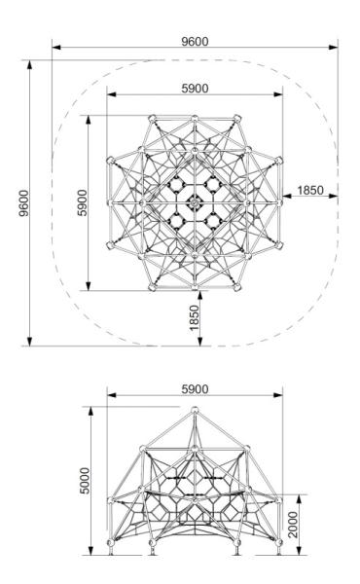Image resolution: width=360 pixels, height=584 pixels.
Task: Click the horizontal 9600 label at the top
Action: click(x=195, y=41)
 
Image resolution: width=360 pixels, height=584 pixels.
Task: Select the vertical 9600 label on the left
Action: click(x=23, y=203)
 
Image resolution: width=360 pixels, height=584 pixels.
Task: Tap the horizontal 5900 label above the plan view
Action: click(x=195, y=89)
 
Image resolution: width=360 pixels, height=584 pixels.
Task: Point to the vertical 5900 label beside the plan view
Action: click(x=83, y=202)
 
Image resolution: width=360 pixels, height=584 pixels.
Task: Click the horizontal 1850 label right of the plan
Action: click(x=310, y=191)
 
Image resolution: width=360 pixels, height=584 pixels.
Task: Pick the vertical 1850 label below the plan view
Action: click(x=195, y=317)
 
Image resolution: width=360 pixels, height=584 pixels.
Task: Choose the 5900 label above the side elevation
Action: click(x=195, y=389)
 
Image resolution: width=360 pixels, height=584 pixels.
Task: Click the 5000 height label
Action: click(x=86, y=481)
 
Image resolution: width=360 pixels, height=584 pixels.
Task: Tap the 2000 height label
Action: click(x=294, y=525)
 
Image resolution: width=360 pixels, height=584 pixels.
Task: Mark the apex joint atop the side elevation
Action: click(x=195, y=410)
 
